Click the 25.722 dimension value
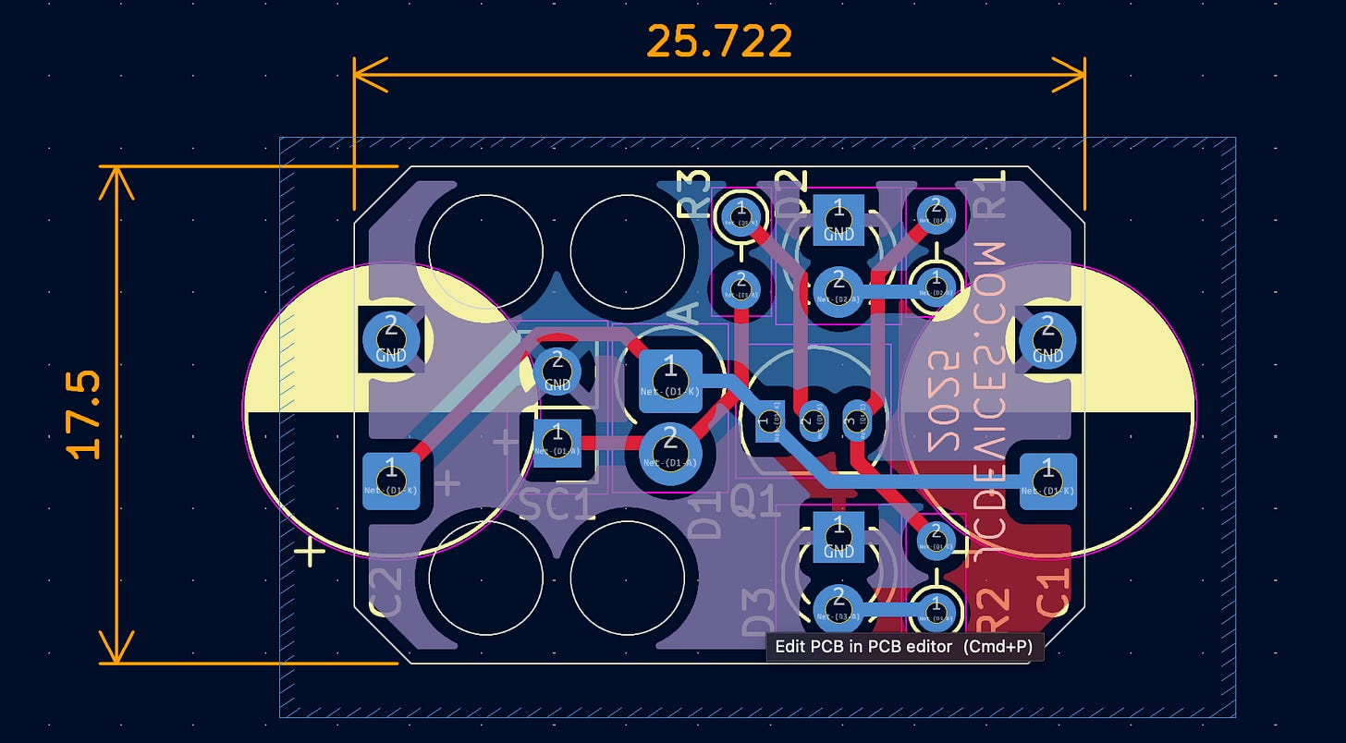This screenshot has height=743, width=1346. click(x=718, y=42)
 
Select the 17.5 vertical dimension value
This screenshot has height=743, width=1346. click(x=84, y=415)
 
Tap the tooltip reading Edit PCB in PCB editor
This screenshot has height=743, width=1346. click(x=905, y=647)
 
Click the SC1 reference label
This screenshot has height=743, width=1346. click(x=556, y=505)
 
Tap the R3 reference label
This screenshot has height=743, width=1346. click(x=693, y=194)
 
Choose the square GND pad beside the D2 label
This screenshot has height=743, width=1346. click(x=838, y=220)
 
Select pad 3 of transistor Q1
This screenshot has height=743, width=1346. click(x=855, y=412)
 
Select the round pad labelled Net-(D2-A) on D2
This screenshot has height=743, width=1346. click(x=838, y=285)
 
